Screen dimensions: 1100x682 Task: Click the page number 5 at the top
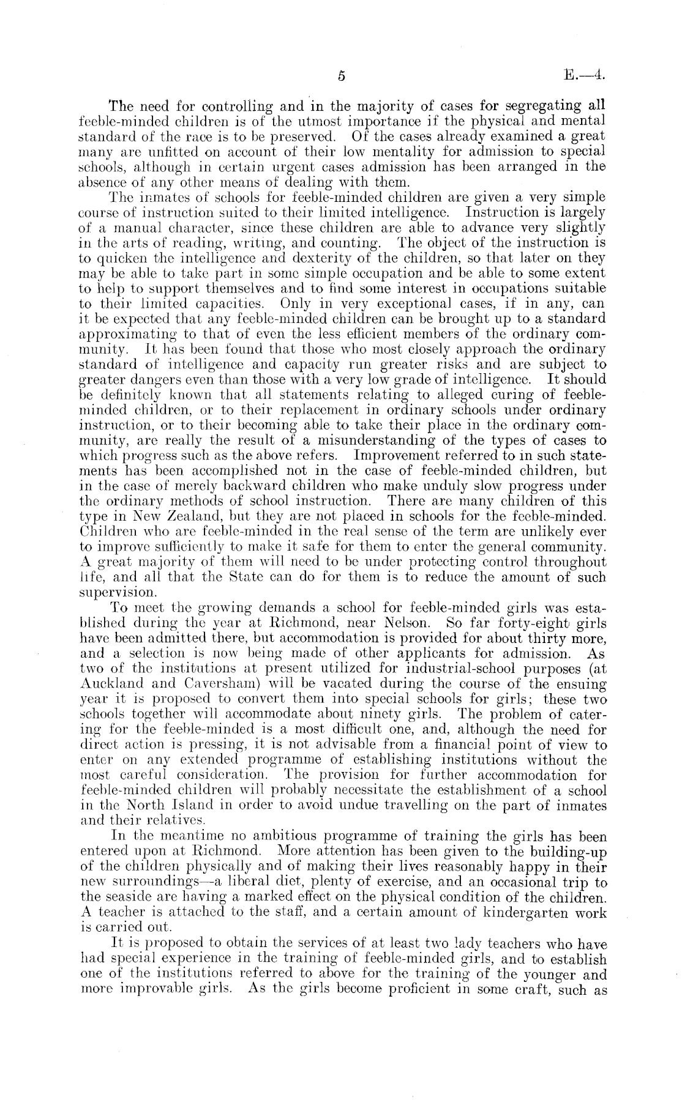point(341,76)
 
